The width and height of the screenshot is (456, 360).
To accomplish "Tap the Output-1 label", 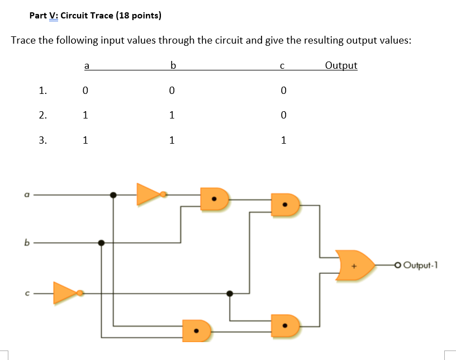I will click(420, 265).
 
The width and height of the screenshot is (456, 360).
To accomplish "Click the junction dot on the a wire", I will click(113, 195).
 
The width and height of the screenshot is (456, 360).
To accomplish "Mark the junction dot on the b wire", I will click(101, 243).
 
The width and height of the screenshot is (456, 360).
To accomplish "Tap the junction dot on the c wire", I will click(229, 293).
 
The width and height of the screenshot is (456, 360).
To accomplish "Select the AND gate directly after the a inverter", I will click(215, 198).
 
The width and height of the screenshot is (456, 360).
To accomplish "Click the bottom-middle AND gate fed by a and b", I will click(197, 330).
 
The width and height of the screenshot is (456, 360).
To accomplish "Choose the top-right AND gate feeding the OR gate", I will click(285, 205).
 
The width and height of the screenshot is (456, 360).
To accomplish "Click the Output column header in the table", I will click(340, 65).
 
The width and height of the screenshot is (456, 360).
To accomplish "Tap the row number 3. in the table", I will click(43, 140).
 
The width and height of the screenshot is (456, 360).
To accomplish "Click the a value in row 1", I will click(85, 89).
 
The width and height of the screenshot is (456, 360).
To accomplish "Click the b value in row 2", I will click(172, 115).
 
